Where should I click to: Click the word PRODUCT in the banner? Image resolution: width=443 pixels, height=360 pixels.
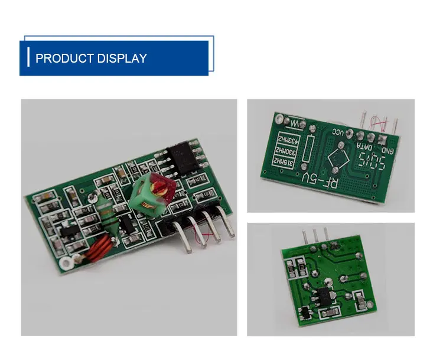61,59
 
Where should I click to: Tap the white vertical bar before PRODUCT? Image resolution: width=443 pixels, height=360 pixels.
28,58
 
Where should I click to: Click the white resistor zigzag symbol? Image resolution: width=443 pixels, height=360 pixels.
295,124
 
